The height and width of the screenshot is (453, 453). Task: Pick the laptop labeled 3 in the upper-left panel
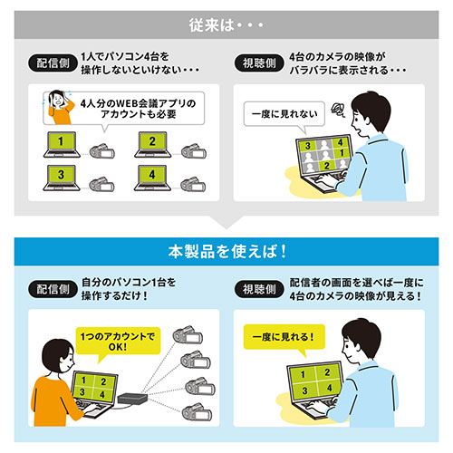click(x=61, y=176)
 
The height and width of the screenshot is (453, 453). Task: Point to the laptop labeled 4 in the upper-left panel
click(x=151, y=176)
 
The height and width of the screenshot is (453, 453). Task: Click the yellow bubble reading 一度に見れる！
click(x=282, y=340)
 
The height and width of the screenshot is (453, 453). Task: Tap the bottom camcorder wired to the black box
click(x=193, y=416)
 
